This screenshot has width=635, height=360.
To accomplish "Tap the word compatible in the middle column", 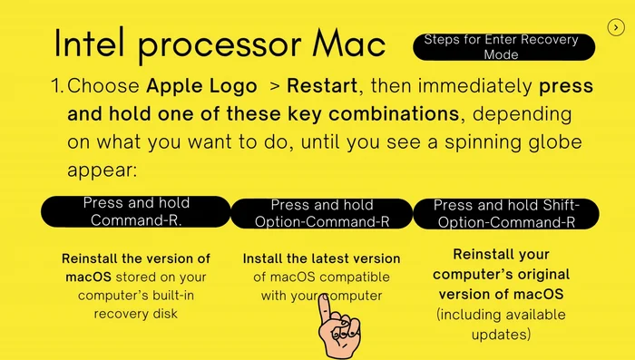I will [356, 277].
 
